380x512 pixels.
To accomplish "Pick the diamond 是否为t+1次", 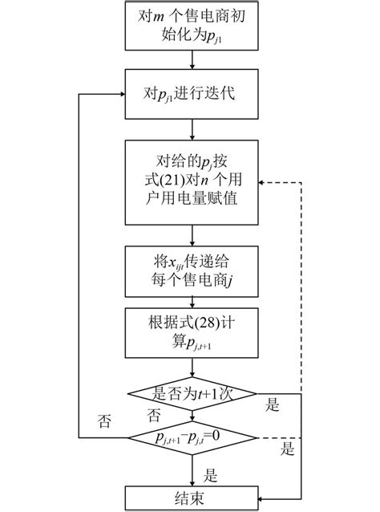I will click(192, 394).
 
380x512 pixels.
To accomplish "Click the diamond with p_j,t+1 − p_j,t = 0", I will click(192, 437).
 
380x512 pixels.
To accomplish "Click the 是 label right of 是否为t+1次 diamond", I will click(273, 406).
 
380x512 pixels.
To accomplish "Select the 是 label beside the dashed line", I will click(287, 450).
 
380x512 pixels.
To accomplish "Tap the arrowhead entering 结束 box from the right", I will click(260, 497).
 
